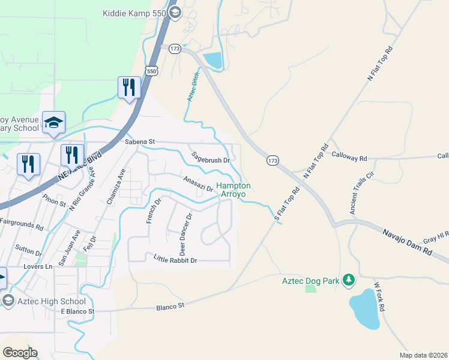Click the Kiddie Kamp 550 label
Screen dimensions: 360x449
tap(134, 13)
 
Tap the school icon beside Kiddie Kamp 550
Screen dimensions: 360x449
tap(175, 13)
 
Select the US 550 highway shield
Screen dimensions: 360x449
tap(152, 71)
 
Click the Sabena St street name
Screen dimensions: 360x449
tap(139, 142)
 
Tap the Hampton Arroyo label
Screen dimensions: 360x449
tap(234, 190)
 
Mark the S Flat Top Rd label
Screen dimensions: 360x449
tap(287, 205)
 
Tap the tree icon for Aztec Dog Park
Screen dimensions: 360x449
tap(348, 280)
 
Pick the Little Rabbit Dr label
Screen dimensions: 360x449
tap(175, 260)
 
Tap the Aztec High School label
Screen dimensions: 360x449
tap(52, 301)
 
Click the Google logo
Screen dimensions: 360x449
tap(20, 352)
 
